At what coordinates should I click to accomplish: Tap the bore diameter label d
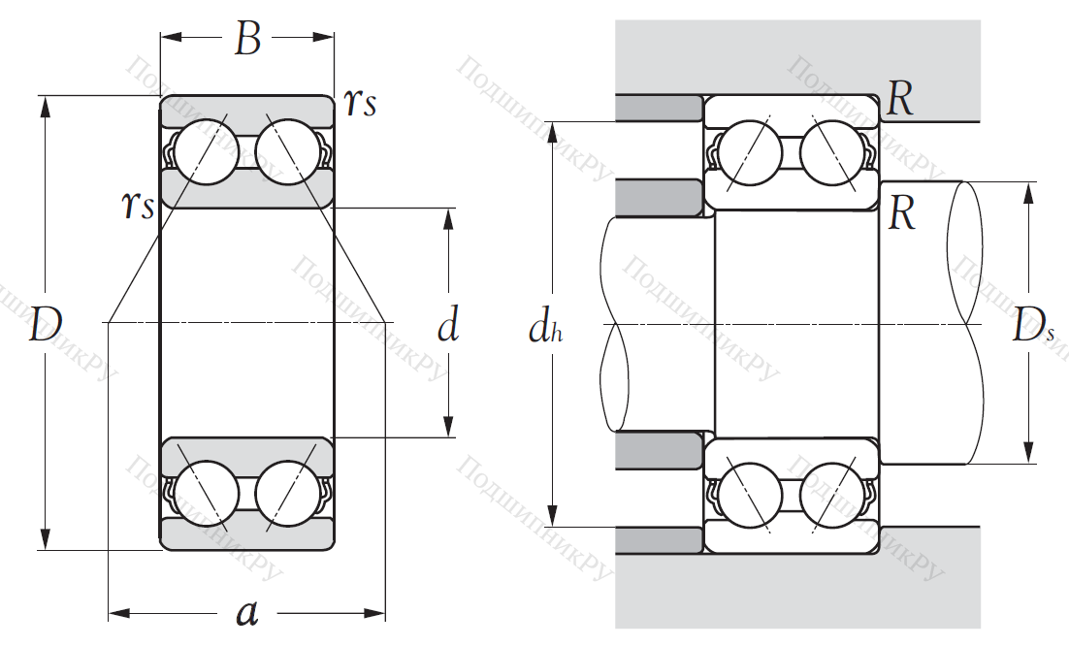[447, 325]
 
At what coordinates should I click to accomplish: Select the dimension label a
[248, 613]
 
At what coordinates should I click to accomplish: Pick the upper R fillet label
[901, 100]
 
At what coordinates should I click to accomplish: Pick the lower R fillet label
[902, 214]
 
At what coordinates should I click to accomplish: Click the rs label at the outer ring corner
[359, 102]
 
